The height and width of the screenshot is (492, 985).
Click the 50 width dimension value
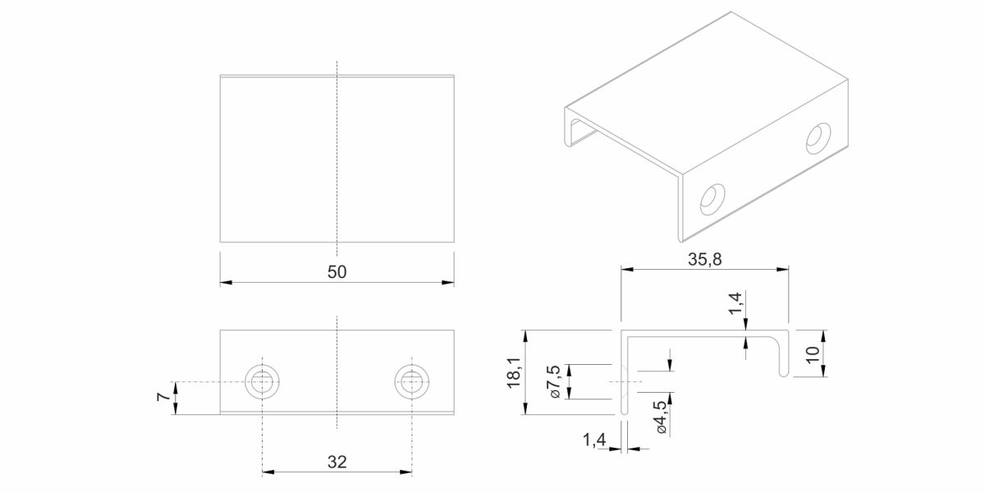pos(337,272)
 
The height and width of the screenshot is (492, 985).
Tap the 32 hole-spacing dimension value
pos(337,462)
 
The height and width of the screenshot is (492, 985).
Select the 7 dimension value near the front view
pos(163,397)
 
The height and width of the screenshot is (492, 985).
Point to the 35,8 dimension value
pos(704,260)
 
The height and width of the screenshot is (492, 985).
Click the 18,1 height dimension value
pos(514,372)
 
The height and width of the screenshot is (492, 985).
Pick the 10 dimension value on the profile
pos(813,353)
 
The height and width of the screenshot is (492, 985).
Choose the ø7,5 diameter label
pos(554,381)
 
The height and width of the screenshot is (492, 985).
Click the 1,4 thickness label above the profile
pos(735,303)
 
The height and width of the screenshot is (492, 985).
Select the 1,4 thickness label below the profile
pos(594,440)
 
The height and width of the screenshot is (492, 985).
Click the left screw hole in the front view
pos(263,382)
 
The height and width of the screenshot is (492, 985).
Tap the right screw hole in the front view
pos(412,382)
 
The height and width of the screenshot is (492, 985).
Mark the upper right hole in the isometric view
pos(818,139)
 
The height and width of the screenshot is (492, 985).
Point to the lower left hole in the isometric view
pos(712,199)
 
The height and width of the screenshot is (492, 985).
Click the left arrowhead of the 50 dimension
pos(226,282)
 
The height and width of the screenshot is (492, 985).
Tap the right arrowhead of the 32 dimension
pos(405,472)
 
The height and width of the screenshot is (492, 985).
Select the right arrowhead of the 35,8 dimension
pos(782,269)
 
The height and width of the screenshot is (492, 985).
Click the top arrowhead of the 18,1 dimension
pos(525,336)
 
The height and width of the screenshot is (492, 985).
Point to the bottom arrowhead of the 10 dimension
pos(823,371)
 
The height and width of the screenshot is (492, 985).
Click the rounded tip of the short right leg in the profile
pos(784,375)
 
